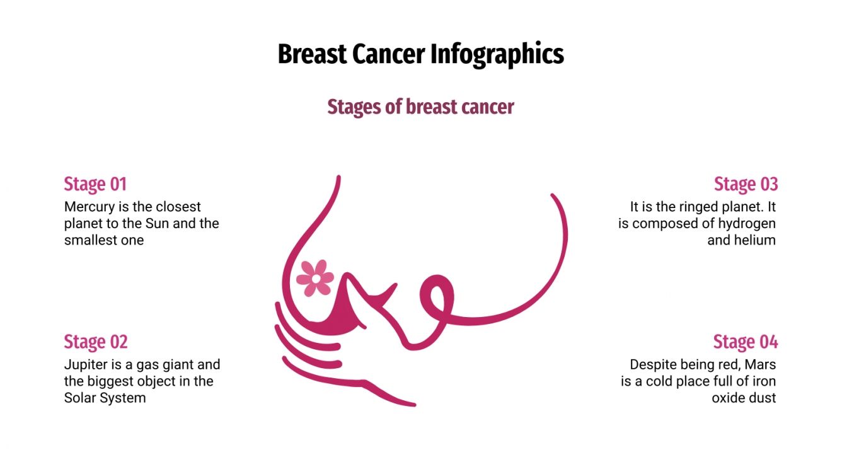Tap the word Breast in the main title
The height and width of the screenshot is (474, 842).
(312, 54)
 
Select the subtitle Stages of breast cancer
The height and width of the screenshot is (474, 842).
(420, 107)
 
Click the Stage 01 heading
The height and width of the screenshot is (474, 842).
(95, 184)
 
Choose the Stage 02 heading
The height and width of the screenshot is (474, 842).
(96, 342)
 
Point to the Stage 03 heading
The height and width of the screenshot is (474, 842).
(746, 184)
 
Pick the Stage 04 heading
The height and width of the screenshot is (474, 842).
(746, 342)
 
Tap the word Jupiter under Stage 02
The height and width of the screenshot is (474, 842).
(85, 364)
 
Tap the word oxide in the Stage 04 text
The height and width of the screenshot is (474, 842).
(729, 398)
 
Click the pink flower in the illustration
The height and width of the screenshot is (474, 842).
(315, 277)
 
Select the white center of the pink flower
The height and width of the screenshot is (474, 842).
(316, 277)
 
